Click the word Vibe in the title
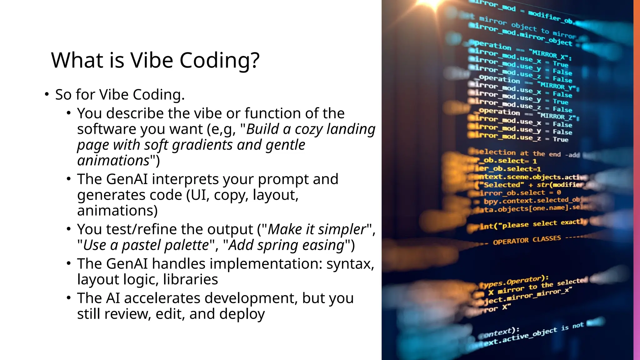pos(152,60)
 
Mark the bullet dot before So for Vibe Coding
pos(47,94)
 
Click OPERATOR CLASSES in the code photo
pos(527,240)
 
